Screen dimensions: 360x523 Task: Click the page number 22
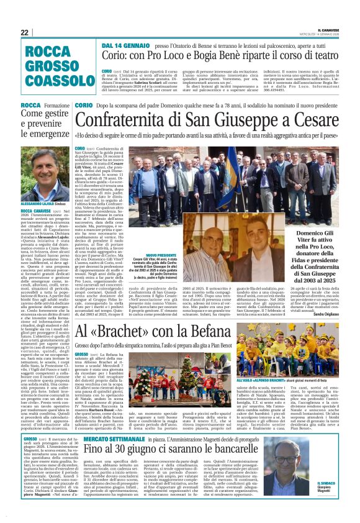(25, 32)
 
